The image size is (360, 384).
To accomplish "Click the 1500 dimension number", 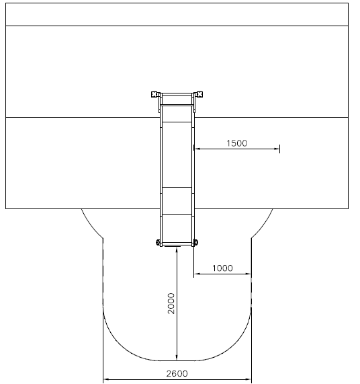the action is tap(236, 143).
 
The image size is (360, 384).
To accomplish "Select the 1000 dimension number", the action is tap(222, 268).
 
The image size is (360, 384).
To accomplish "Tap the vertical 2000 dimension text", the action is tap(171, 303).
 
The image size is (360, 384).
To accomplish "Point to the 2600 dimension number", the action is tap(177, 374).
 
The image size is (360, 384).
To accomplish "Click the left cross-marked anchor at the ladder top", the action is tap(154, 94).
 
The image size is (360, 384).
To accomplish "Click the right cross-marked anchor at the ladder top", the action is tap(199, 94).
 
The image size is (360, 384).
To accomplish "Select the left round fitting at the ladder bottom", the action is tap(158, 243).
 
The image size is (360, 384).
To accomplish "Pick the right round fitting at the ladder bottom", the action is tap(196, 243).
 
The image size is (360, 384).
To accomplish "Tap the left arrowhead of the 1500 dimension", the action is tap(197, 149).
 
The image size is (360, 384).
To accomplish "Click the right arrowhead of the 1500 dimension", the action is tap(277, 149).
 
